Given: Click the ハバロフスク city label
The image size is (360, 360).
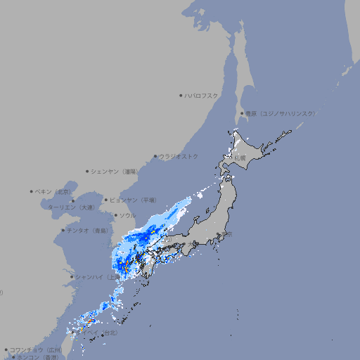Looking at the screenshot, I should pos(202,96).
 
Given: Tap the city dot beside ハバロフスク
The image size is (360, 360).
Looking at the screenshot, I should pos(181,96).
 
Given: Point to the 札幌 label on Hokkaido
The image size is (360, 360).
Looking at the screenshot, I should pos(240,157).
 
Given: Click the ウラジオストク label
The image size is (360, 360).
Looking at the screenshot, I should pos(179,156).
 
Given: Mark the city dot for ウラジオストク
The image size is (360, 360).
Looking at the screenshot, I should pos(155,157).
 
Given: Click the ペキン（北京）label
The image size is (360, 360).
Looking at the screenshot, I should pos(54,191).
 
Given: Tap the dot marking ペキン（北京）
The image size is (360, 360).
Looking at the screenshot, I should pos(32,191).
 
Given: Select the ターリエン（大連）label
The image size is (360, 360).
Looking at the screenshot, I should pos(71,208).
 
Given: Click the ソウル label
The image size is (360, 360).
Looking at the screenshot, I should pos(127,215).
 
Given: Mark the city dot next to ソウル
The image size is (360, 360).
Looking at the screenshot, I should pos(115,215).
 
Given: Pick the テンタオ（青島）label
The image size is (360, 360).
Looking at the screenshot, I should pos(88,230).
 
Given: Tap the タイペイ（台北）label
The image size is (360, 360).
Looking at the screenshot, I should pos(102,333).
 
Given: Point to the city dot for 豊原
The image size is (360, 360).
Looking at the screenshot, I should pos(241,113).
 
